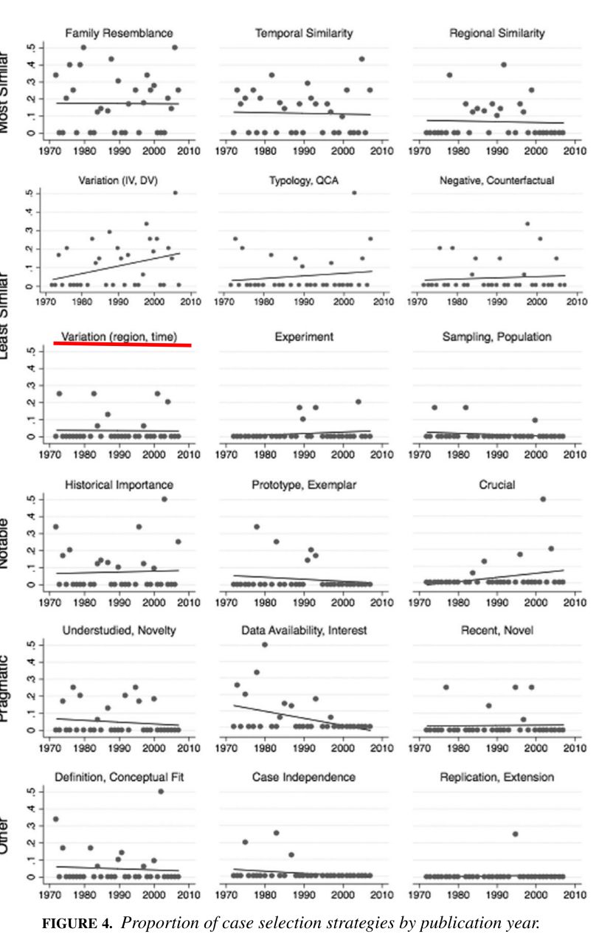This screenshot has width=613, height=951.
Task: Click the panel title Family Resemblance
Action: [119, 33]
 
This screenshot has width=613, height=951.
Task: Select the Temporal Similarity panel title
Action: [304, 33]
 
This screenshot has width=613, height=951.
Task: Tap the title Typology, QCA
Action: [304, 181]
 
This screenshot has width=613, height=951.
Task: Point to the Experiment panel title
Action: [305, 336]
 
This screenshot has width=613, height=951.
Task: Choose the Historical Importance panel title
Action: [120, 485]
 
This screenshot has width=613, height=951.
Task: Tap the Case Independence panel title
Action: [304, 778]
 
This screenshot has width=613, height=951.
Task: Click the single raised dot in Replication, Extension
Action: [516, 834]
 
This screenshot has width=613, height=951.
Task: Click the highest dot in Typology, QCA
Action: [354, 193]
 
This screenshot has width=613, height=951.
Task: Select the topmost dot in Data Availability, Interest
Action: [265, 644]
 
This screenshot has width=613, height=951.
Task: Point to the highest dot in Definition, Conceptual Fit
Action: [161, 791]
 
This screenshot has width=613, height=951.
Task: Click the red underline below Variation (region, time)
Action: [122, 344]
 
